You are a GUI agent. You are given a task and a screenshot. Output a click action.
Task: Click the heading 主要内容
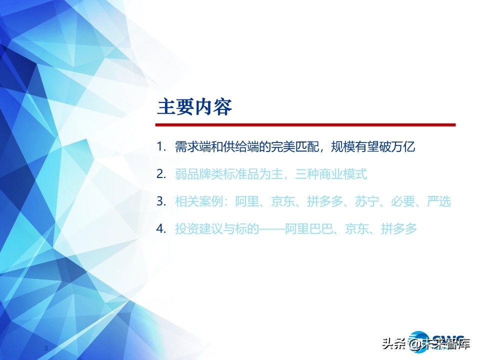tap(194, 107)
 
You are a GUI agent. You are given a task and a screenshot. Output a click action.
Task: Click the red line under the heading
tap(305, 124)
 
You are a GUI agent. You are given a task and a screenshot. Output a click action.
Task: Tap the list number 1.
tap(160, 147)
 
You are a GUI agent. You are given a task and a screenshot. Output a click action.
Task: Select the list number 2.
tap(160, 174)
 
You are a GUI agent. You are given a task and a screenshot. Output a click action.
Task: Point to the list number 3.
tap(160, 201)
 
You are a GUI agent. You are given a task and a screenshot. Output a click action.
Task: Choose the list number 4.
tap(160, 229)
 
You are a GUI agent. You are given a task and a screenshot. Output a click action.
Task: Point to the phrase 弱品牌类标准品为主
tap(229, 174)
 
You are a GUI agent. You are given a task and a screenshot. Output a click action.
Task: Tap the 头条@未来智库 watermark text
tap(425, 344)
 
